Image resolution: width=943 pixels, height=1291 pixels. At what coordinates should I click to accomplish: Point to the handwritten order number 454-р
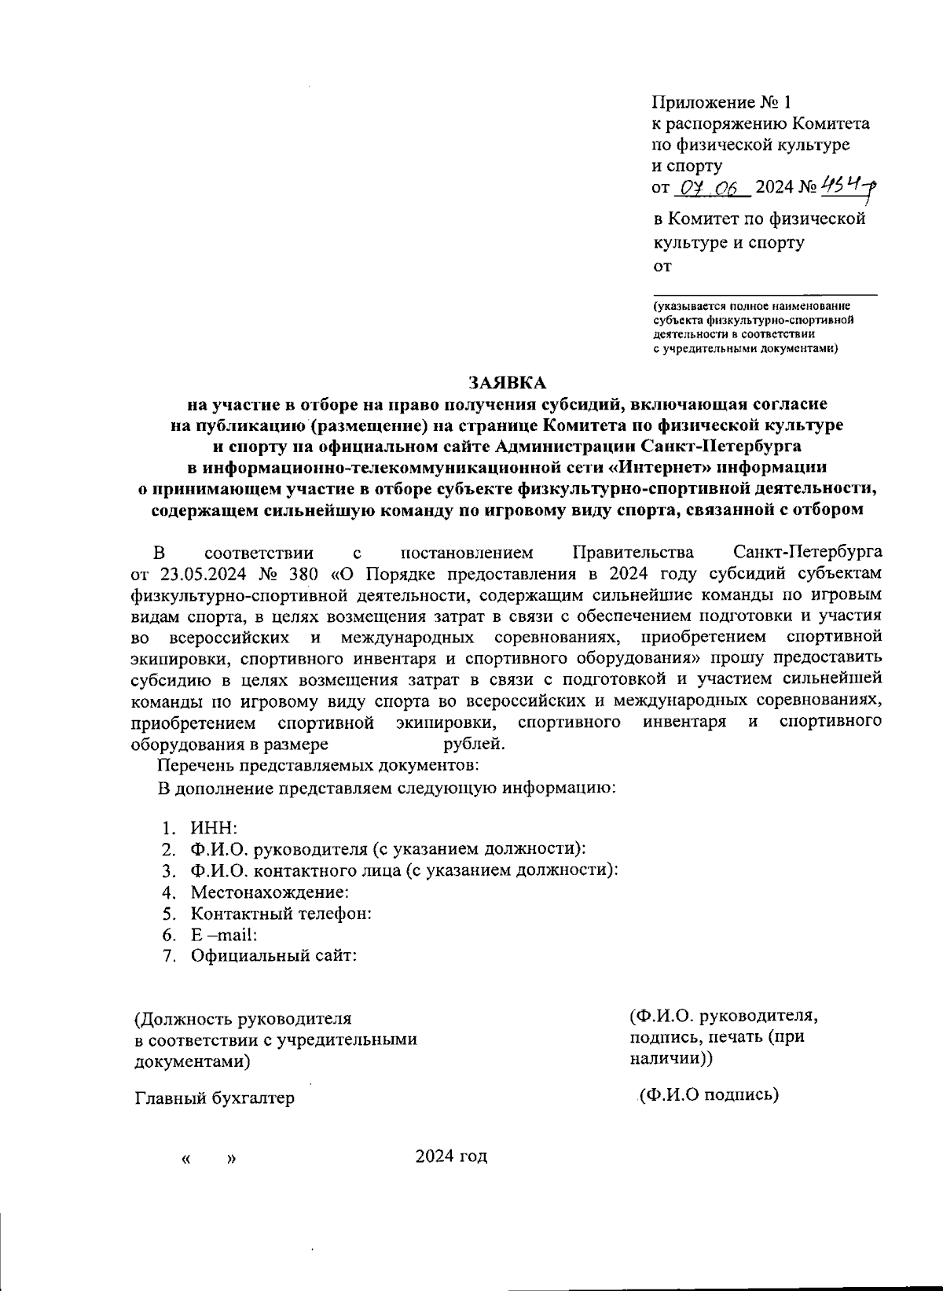click(848, 186)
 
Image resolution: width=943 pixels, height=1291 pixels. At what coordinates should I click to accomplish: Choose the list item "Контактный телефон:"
click(281, 914)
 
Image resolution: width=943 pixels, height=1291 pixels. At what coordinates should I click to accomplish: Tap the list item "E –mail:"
click(223, 935)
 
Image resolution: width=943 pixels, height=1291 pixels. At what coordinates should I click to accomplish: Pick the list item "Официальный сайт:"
click(273, 956)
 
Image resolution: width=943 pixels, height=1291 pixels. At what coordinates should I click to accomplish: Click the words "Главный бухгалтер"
click(215, 1098)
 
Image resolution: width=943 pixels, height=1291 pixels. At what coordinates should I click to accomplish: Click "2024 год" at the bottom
click(451, 1156)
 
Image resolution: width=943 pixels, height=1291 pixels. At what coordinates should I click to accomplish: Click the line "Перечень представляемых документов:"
click(318, 764)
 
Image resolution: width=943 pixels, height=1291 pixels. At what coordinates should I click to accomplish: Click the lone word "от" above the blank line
click(662, 267)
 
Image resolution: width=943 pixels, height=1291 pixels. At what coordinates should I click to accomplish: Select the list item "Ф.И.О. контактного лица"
click(403, 870)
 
